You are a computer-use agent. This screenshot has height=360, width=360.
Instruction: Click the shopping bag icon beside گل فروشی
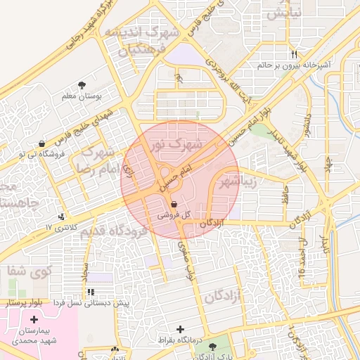pyautogui.click(x=174, y=204)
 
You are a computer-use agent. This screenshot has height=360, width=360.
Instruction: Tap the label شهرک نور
pyautogui.click(x=176, y=145)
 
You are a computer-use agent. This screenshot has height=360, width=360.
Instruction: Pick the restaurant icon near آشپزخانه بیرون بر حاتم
pyautogui.click(x=294, y=54)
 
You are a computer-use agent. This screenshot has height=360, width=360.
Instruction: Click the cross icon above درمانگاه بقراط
pyautogui.click(x=181, y=328)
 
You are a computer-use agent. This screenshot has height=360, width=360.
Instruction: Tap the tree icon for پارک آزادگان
pyautogui.click(x=205, y=348)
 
